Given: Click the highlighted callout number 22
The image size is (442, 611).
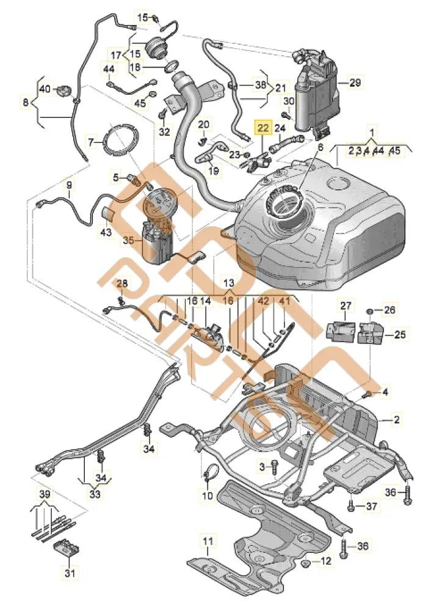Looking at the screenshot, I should [x=263, y=128].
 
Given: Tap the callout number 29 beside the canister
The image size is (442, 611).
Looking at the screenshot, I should [x=355, y=81].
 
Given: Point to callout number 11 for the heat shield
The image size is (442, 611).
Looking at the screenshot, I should [x=208, y=541].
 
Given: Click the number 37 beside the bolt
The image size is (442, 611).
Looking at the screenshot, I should [x=372, y=506].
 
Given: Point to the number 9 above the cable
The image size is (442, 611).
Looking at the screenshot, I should [x=69, y=184].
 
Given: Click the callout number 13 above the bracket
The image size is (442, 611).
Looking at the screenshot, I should [x=228, y=284].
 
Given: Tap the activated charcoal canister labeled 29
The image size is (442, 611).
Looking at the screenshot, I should [x=316, y=92].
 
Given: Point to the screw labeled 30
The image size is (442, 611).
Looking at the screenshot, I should [x=285, y=115].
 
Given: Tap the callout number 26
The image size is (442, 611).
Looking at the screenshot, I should [x=389, y=310].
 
